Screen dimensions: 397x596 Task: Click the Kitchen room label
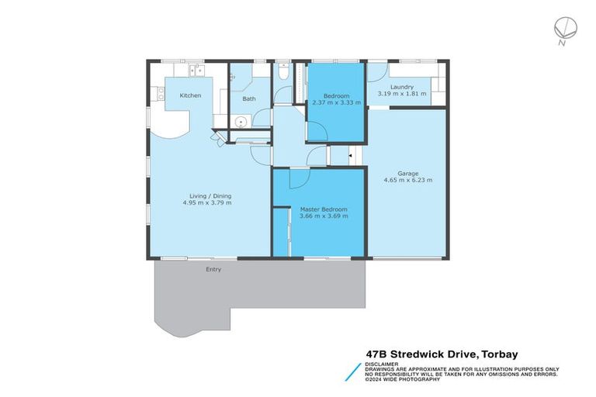[190, 95]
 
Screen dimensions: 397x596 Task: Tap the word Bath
[248, 98]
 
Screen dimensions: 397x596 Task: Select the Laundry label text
[401, 87]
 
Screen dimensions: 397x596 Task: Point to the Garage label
[407, 173]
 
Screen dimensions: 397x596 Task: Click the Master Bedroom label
[324, 209]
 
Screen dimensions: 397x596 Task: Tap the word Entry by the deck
[213, 269]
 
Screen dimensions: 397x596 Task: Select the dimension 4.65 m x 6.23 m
[407, 180]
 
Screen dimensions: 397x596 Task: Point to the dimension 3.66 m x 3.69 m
[324, 216]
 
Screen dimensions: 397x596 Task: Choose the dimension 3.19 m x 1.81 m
[401, 94]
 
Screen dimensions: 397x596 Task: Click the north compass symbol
[563, 28]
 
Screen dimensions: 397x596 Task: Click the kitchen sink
[196, 71]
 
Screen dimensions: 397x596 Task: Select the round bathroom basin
[241, 122]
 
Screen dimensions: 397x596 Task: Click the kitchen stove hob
[161, 93]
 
